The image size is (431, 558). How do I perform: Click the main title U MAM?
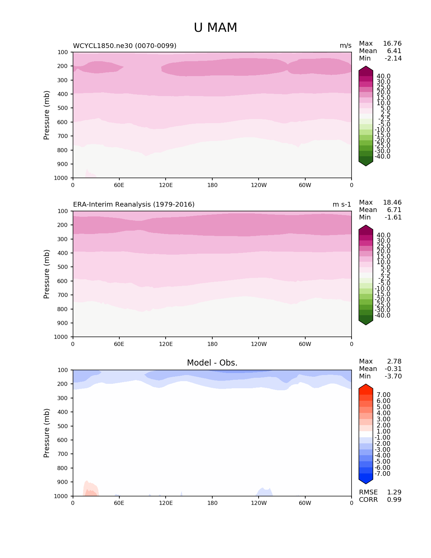coord(215,28)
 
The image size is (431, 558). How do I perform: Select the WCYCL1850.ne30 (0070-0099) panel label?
coord(124,46)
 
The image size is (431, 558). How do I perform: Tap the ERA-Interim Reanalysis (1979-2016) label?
coord(134,205)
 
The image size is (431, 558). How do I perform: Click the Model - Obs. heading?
coord(212,363)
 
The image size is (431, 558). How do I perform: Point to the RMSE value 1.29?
coord(394,492)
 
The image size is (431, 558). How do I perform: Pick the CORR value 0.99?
coord(394,499)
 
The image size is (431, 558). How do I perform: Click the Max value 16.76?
coord(392,44)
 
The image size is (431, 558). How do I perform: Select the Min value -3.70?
coord(393,376)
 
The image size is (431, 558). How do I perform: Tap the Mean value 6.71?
coord(394,210)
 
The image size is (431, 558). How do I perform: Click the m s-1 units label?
coord(342,205)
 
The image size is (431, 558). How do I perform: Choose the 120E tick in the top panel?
coord(166,185)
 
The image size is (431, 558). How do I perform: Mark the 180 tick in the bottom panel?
coord(212,503)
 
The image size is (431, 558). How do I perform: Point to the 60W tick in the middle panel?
coord(305,344)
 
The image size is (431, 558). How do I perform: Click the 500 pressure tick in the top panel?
coord(63,108)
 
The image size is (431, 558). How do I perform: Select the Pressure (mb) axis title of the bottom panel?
coord(47,433)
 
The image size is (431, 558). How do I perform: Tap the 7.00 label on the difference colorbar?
coord(383,395)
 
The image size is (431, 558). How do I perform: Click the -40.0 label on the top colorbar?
coord(382,157)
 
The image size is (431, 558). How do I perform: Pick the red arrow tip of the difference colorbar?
coord(366,388)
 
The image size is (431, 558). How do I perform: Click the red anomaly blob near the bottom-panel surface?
coord(91,490)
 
